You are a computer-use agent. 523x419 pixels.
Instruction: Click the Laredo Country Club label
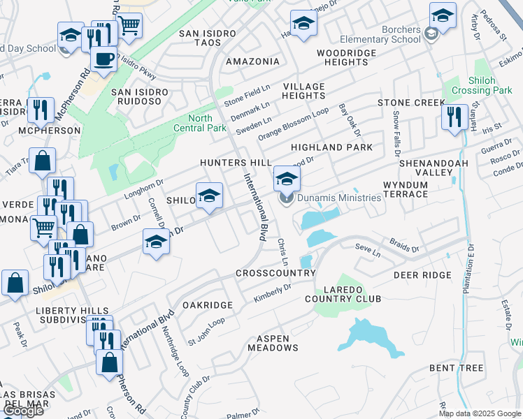pyautogui.click(x=343, y=293)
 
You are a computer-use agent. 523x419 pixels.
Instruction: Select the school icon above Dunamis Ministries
pyautogui.click(x=287, y=179)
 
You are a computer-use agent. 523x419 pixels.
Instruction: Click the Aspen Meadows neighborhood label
pyautogui.click(x=273, y=342)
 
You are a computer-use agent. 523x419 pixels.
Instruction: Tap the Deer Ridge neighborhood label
pyautogui.click(x=422, y=275)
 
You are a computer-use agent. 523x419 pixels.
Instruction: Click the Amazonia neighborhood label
pyautogui.click(x=252, y=61)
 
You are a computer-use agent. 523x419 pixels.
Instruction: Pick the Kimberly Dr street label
pyautogui.click(x=272, y=293)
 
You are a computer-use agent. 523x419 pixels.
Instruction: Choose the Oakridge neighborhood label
pyautogui.click(x=207, y=305)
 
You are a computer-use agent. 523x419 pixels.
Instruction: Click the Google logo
pyautogui.click(x=22, y=411)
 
